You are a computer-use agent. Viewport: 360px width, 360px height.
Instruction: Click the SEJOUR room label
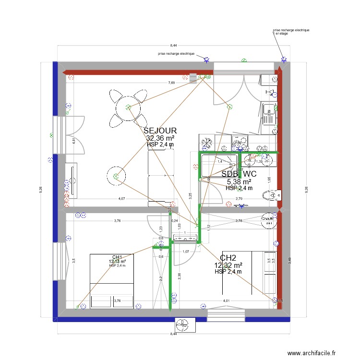160,131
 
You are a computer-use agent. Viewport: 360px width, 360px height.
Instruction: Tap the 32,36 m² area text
160,138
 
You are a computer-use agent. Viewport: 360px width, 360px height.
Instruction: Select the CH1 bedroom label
117,257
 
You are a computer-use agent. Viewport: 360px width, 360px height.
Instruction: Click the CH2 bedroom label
228,258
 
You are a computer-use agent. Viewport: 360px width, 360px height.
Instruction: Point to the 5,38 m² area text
239,182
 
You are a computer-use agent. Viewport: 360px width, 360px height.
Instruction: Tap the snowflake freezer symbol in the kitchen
207,143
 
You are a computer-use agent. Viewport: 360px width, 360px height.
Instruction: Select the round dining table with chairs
128,108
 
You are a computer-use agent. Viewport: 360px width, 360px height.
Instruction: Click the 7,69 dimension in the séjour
171,83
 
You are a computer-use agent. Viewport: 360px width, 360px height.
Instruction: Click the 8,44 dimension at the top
173,45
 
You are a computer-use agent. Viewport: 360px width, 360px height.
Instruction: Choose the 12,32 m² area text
228,265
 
